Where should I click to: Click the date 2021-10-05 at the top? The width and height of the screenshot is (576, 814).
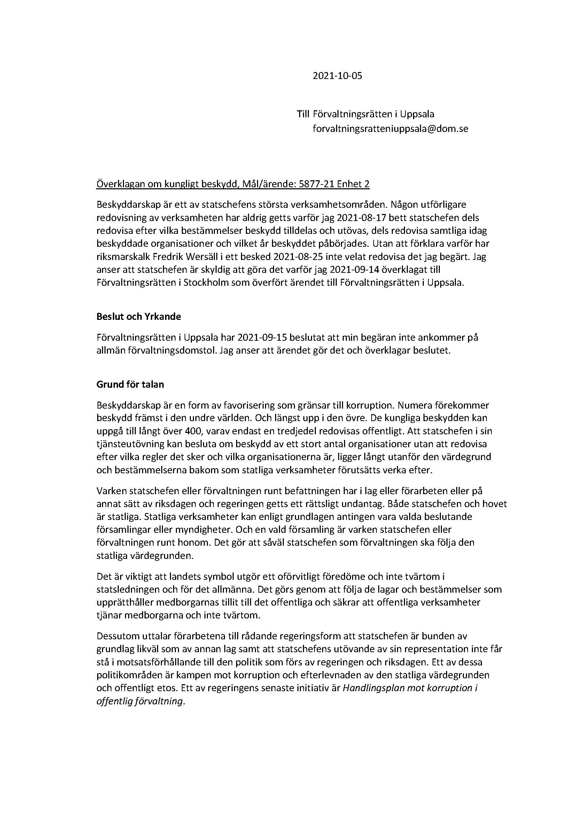pos(337,76)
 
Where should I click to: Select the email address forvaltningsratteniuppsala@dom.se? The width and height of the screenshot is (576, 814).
pos(390,129)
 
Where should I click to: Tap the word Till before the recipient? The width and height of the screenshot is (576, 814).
pos(303,114)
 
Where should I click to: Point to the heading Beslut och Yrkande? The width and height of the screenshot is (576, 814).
pos(138,317)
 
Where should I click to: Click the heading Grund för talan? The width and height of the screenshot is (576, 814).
pos(130,384)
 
